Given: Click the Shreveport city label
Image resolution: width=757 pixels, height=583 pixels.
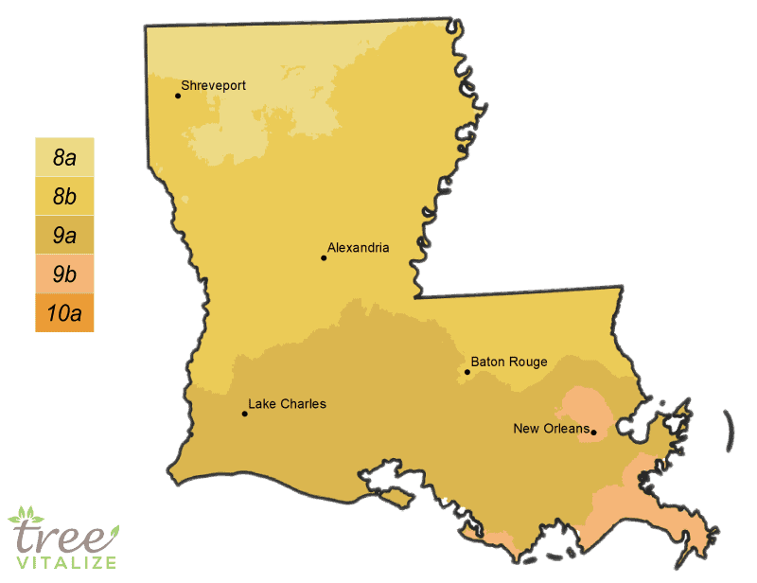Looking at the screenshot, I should coord(214,86).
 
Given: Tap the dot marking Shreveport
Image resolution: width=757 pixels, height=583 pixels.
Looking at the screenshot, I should coord(178,96).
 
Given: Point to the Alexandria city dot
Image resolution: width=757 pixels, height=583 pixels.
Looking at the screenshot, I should coord(324,257).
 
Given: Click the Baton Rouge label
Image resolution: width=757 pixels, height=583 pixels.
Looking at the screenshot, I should coord(509,362).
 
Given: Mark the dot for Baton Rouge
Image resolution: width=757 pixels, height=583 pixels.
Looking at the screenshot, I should coord(467,372).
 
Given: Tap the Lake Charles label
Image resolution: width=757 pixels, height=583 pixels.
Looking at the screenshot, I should coord(287,404).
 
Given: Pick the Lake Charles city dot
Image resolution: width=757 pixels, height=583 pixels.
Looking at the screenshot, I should coord(245,414).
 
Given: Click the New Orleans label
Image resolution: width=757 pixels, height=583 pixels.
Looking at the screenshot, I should coord(549,429).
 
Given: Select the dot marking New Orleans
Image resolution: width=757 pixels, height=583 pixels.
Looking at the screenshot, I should coord(593,433).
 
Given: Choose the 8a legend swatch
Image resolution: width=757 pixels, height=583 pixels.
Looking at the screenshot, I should coord(64,158).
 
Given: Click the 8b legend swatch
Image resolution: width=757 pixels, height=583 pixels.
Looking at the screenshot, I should coord(64,197).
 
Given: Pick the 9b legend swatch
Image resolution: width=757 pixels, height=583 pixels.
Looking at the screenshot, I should coord(64,274).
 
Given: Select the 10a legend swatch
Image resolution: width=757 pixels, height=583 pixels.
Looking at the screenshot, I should coord(64,313).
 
